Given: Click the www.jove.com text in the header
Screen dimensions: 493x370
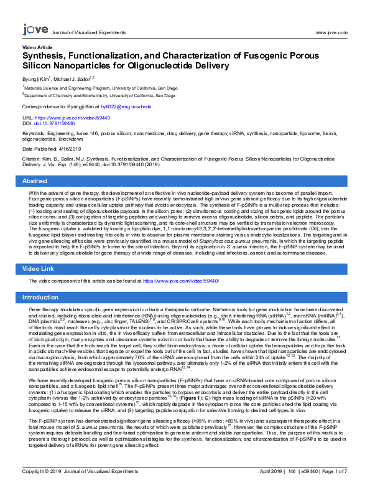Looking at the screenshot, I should [331, 32].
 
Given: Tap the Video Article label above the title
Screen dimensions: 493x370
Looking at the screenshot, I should [37, 47].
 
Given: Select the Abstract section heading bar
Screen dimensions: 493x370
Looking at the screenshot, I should [185, 181].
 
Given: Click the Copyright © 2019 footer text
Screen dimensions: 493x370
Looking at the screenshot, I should [47, 489].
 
